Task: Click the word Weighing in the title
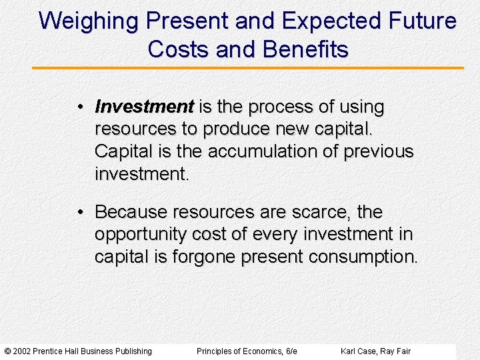89,21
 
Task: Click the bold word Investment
144,107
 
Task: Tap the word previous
378,151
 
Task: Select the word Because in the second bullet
131,212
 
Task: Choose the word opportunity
141,235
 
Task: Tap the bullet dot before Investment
79,107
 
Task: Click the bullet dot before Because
79,213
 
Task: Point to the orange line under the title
247,68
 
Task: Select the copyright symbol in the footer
7,351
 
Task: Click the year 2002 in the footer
21,351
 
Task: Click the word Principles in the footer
214,351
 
